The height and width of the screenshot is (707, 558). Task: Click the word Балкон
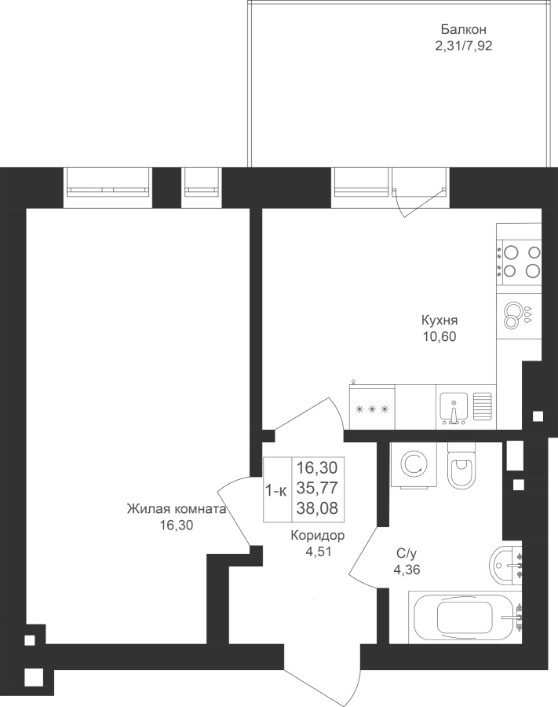pyautogui.click(x=463, y=30)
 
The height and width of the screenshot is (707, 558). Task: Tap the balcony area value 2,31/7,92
pyautogui.click(x=463, y=46)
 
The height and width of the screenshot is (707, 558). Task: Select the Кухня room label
pyautogui.click(x=439, y=321)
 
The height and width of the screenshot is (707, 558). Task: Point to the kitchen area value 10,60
pyautogui.click(x=439, y=336)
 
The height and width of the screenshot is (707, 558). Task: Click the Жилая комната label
pyautogui.click(x=176, y=509)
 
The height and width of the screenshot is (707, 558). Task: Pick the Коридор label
pyautogui.click(x=318, y=535)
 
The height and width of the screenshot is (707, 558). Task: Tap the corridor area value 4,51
pyautogui.click(x=318, y=551)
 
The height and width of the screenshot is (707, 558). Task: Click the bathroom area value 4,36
pyautogui.click(x=407, y=570)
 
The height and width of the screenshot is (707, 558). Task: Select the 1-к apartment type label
pyautogui.click(x=276, y=491)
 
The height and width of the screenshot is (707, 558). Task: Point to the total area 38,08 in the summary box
pyautogui.click(x=317, y=508)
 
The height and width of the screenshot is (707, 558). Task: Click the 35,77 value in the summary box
pyautogui.click(x=317, y=488)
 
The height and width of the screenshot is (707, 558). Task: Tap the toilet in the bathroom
pyautogui.click(x=462, y=465)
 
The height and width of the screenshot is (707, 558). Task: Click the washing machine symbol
pyautogui.click(x=414, y=464)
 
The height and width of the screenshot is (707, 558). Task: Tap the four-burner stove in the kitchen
pyautogui.click(x=519, y=261)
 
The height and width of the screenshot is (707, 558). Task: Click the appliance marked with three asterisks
pyautogui.click(x=372, y=407)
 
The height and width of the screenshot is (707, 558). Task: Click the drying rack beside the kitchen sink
pyautogui.click(x=483, y=406)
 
